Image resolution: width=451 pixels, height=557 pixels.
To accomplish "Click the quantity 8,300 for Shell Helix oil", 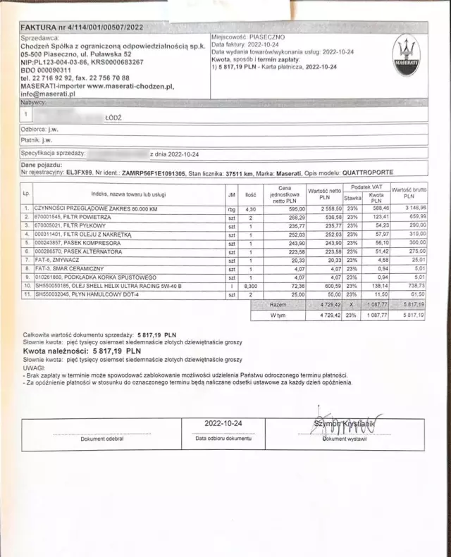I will tap(249, 286).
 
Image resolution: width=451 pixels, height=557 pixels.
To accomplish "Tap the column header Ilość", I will tap(249, 194).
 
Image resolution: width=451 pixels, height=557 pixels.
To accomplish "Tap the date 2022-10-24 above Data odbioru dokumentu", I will tap(223, 423).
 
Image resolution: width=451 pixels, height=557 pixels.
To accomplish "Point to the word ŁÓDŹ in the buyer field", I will tap(113, 118).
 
